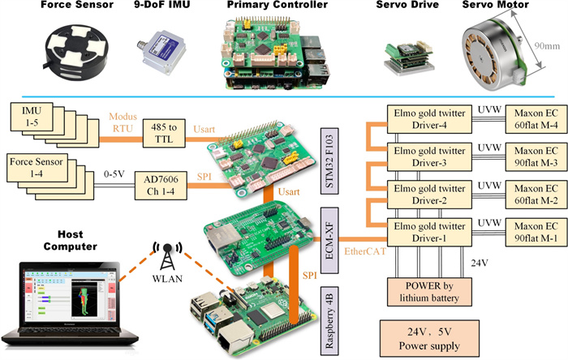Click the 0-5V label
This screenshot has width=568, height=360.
116,174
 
